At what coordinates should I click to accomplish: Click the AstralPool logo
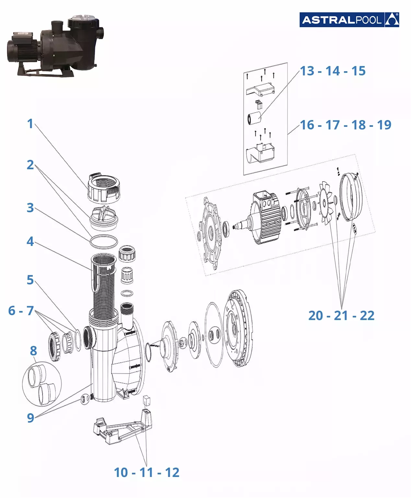click(349, 20)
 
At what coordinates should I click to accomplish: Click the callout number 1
click(30, 124)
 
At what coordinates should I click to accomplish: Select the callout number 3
click(30, 208)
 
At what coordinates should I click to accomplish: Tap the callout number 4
click(30, 241)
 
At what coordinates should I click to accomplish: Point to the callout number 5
click(30, 280)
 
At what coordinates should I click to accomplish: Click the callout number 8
click(33, 351)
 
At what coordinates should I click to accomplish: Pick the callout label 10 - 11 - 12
click(147, 472)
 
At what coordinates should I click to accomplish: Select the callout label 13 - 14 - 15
click(333, 71)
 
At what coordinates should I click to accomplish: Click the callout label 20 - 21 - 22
click(341, 315)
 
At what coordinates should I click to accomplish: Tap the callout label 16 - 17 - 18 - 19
click(346, 125)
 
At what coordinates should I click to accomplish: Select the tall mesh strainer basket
click(103, 285)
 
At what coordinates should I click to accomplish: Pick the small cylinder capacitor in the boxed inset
click(254, 118)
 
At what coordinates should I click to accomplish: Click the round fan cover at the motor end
click(352, 197)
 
